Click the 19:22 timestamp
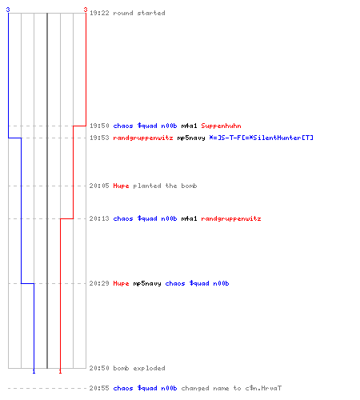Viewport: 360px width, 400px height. click(x=99, y=13)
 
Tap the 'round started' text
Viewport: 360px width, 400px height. click(x=139, y=13)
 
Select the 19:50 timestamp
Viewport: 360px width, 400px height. click(x=99, y=126)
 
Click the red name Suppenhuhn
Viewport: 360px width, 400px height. click(x=221, y=126)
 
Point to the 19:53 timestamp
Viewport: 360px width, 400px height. click(x=99, y=138)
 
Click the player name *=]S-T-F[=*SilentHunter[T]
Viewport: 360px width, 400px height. click(x=261, y=138)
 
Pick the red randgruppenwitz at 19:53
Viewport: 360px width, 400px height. click(x=143, y=138)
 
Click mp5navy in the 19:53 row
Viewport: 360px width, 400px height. click(x=191, y=138)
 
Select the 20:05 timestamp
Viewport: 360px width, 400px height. click(x=99, y=186)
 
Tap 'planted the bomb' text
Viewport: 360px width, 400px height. click(x=165, y=186)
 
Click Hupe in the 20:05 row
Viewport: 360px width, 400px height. click(x=121, y=186)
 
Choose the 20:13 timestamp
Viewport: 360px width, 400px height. click(x=99, y=218)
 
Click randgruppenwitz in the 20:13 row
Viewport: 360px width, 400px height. click(x=231, y=218)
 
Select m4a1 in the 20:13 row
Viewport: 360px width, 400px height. click(x=189, y=218)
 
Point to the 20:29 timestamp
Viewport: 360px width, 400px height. click(x=99, y=283)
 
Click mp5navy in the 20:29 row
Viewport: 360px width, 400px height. click(x=147, y=283)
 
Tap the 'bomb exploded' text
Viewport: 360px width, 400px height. click(x=139, y=368)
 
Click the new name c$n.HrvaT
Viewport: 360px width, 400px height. click(x=263, y=388)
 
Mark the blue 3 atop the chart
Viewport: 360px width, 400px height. click(x=8, y=10)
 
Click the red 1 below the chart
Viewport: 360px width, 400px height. click(x=60, y=371)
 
